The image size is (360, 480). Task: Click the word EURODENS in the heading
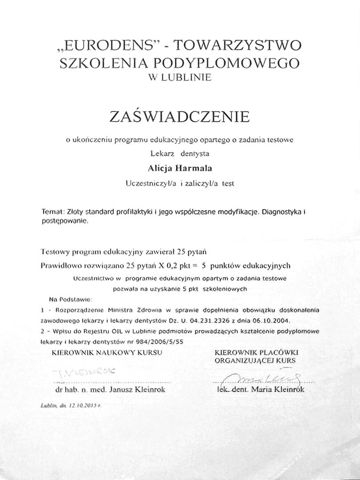pyautogui.click(x=106, y=45)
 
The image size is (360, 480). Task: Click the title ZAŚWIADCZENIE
pyautogui.click(x=180, y=116)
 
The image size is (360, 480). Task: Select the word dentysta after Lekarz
pyautogui.click(x=195, y=154)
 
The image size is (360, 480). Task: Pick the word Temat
pyautogui.click(x=52, y=212)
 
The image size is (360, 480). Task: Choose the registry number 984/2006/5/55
pyautogui.click(x=163, y=341)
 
